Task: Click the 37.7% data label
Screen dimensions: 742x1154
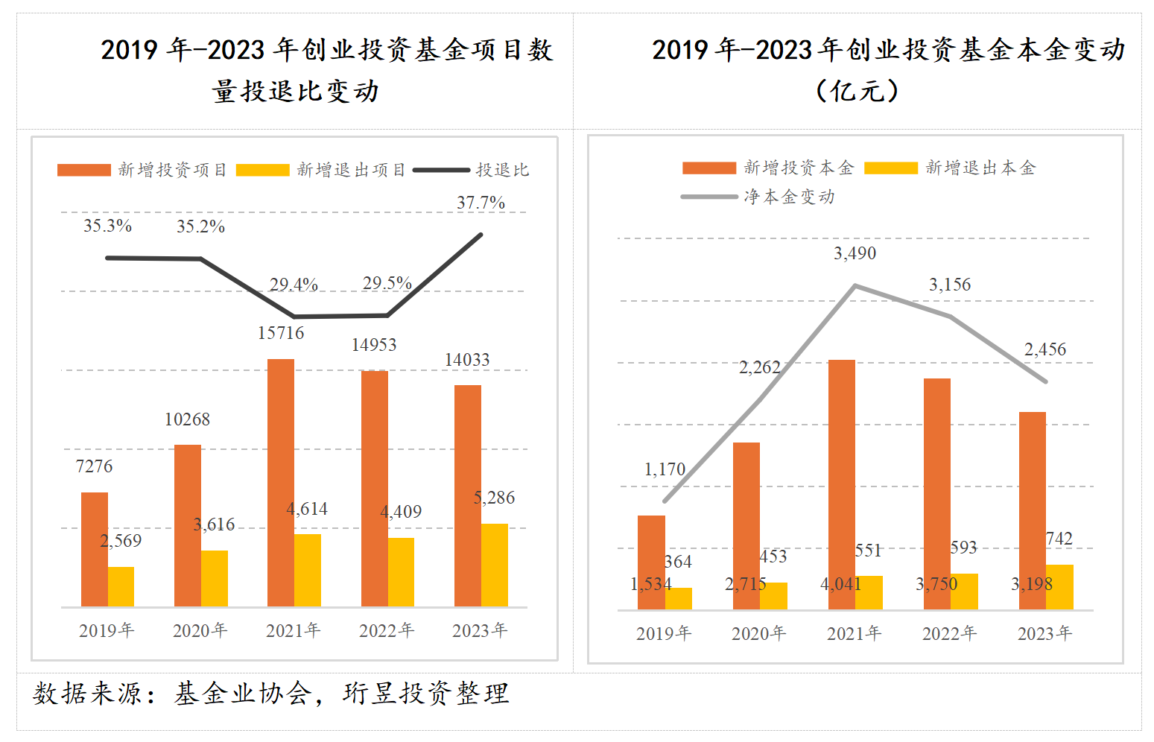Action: pyautogui.click(x=481, y=203)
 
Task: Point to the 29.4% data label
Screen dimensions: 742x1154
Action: pyautogui.click(x=294, y=285)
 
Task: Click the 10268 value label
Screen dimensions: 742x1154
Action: pyautogui.click(x=187, y=419)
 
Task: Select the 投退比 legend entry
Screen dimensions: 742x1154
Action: pyautogui.click(x=502, y=170)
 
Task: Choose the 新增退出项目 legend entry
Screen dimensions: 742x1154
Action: pyautogui.click(x=351, y=170)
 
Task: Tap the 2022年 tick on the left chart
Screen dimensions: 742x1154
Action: pyautogui.click(x=386, y=631)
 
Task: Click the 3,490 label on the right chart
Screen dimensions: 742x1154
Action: pyautogui.click(x=855, y=253)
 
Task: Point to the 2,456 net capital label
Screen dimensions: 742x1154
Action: pyautogui.click(x=1044, y=349)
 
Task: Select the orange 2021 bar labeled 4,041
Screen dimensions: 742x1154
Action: pyautogui.click(x=842, y=484)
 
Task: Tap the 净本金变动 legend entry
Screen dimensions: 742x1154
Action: pyautogui.click(x=789, y=197)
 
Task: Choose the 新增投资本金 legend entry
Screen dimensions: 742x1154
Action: pyautogui.click(x=798, y=168)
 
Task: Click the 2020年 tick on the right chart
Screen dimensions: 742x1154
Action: pyautogui.click(x=758, y=634)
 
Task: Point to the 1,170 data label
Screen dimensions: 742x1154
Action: pyautogui.click(x=665, y=469)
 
